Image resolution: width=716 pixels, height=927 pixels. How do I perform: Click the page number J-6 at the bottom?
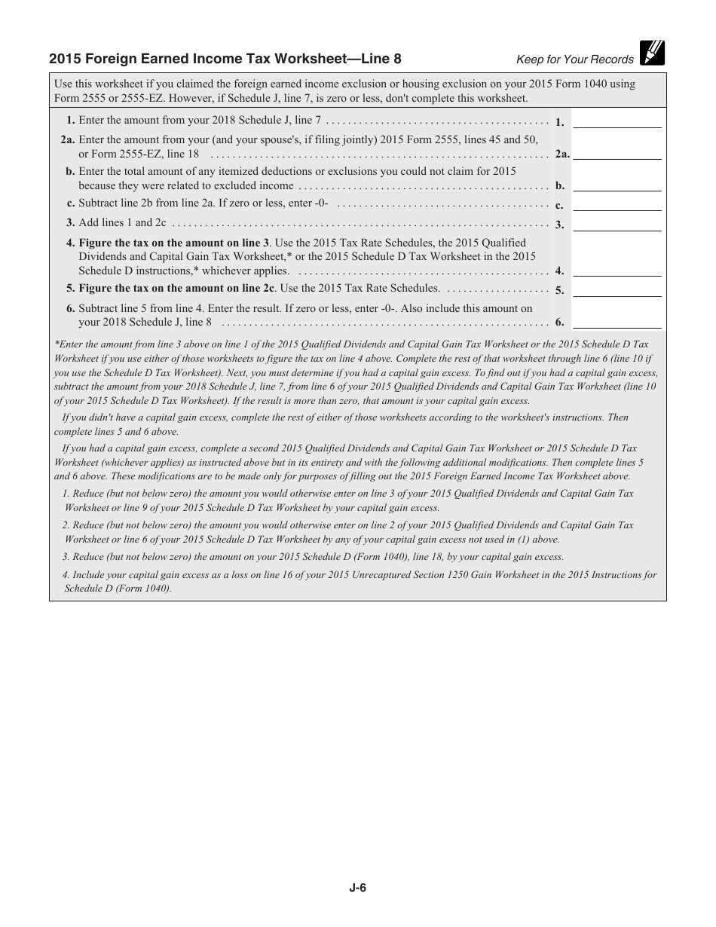[x=357, y=888]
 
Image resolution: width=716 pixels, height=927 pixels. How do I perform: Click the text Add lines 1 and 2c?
[x=122, y=223]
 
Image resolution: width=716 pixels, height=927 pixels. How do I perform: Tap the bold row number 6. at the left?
[x=71, y=308]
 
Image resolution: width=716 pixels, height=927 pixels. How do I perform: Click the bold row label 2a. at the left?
[x=67, y=139]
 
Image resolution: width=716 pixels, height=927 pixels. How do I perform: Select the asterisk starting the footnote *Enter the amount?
[x=56, y=344]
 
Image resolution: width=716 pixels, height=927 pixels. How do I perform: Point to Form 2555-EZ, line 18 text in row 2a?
[x=139, y=154]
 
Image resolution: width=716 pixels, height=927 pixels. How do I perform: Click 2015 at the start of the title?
[x=64, y=59]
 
